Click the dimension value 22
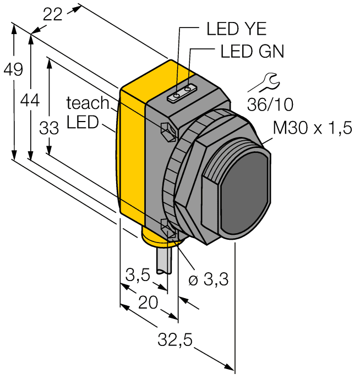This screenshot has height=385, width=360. pos(53,15)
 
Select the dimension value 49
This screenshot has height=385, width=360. pos(12,70)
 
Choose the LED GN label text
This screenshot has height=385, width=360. pos(252,52)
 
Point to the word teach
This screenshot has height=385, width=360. pos(88,102)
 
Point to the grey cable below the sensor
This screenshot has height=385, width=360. pos(164,261)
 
